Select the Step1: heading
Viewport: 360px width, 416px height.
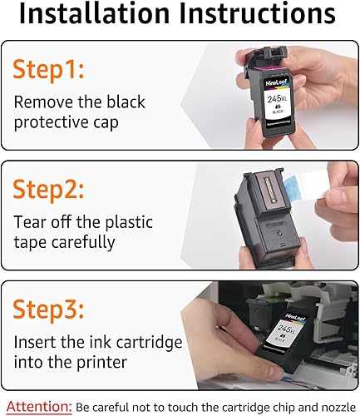[x=51, y=72]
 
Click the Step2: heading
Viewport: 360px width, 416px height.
[x=51, y=189]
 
